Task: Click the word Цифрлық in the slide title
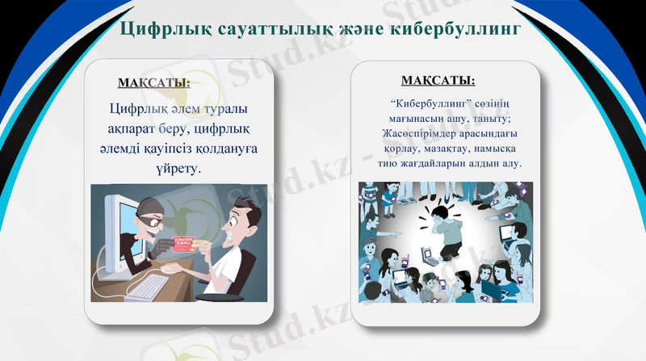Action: (x=164, y=30)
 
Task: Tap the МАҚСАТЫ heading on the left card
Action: (x=154, y=83)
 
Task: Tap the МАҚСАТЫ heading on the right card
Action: (x=438, y=81)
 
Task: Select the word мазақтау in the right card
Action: (x=447, y=149)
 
